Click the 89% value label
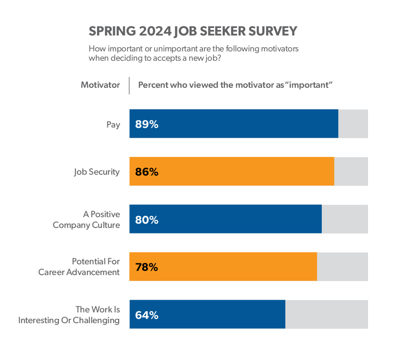coord(147,124)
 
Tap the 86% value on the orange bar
coord(147,172)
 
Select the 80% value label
coord(147,219)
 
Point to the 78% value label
coord(147,267)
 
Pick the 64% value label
coord(147,315)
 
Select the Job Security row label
coord(97,172)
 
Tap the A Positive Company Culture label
coord(86,219)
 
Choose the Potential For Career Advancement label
coord(79,267)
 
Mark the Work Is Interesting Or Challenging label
coord(69,315)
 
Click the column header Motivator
coord(100,85)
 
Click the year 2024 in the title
coord(155,31)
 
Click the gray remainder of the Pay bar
coord(353,124)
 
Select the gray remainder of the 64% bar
coord(326,314)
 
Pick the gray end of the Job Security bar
coord(351,171)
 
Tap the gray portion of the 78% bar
coord(342,267)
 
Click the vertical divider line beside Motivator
coord(129,85)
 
